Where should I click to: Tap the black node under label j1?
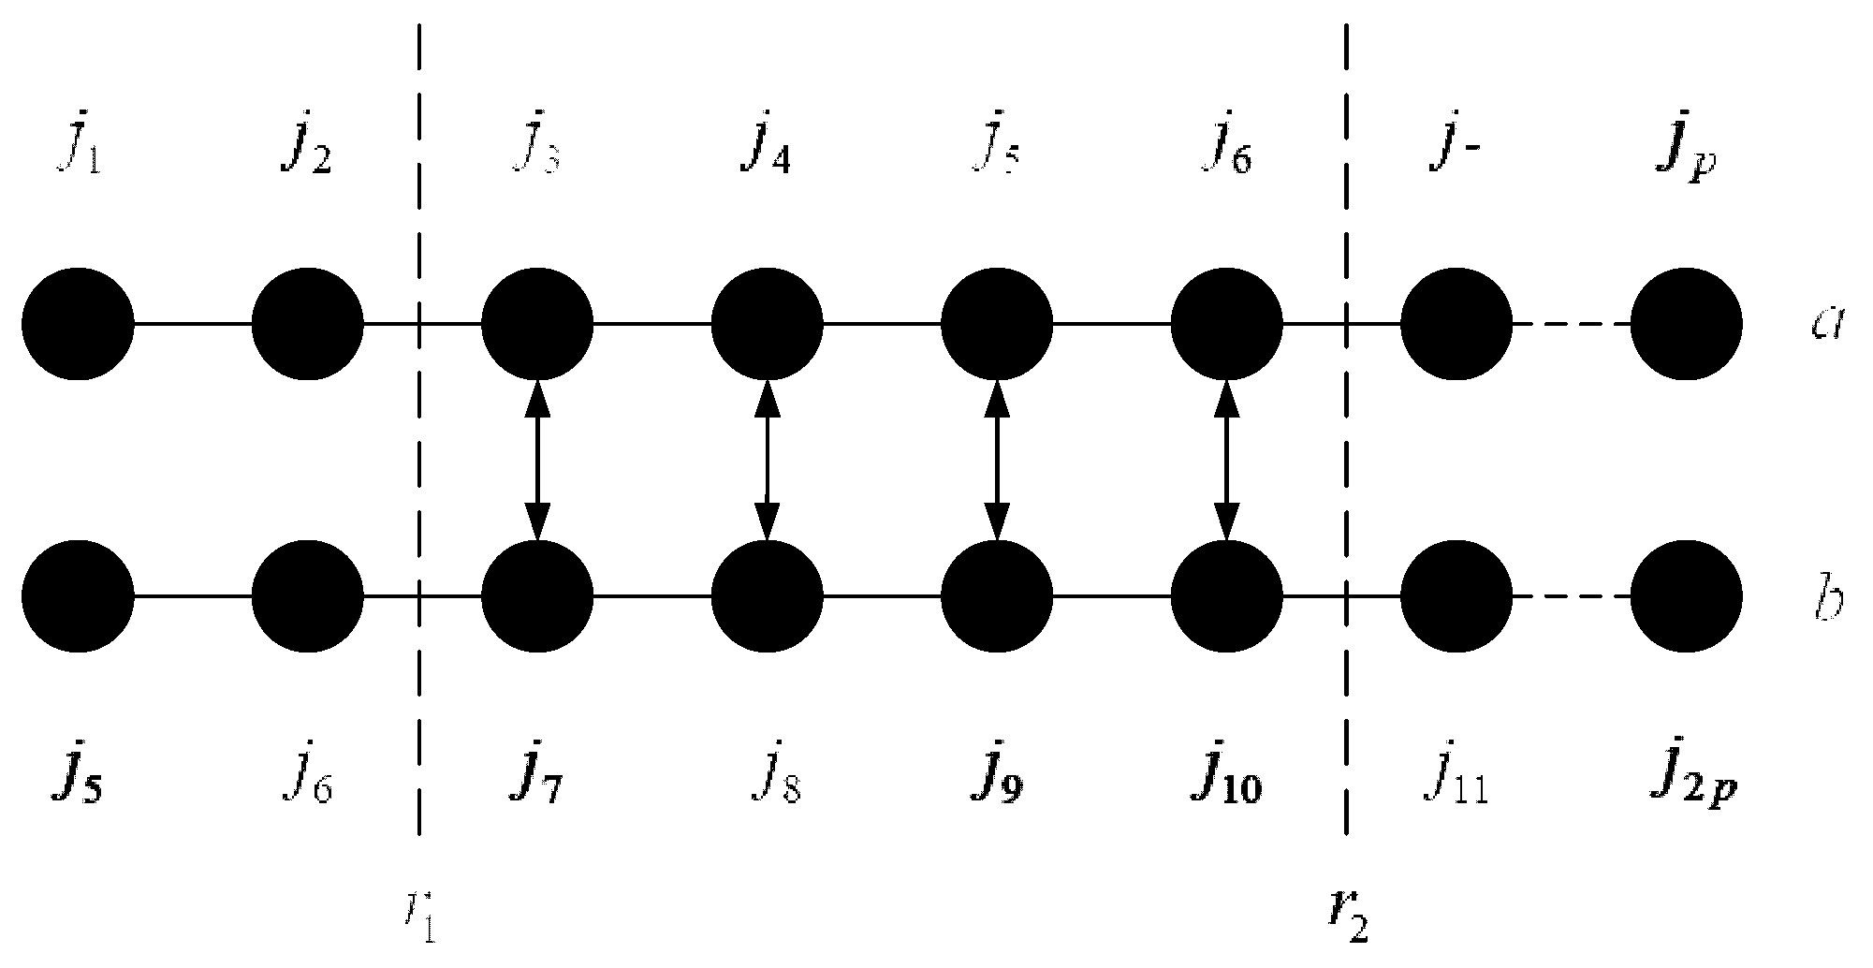click(79, 325)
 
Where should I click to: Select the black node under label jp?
click(1686, 325)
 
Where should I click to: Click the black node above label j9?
click(997, 595)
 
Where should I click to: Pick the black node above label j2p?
click(1686, 595)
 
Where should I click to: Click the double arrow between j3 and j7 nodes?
click(537, 460)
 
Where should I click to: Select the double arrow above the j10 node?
click(1226, 460)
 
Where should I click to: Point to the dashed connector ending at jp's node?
click(1572, 325)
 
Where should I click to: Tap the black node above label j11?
click(1456, 595)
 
